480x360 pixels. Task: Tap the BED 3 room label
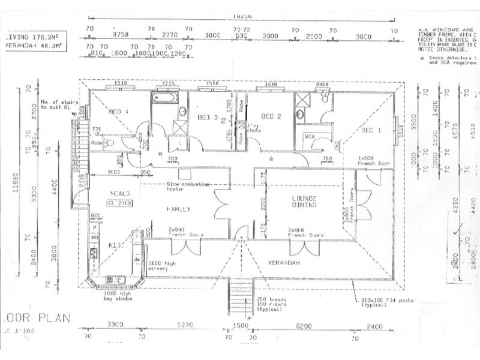click(207, 117)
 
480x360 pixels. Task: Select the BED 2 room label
click(271, 116)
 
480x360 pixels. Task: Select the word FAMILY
click(178, 209)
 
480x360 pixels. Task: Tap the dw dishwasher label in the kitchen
click(137, 259)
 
